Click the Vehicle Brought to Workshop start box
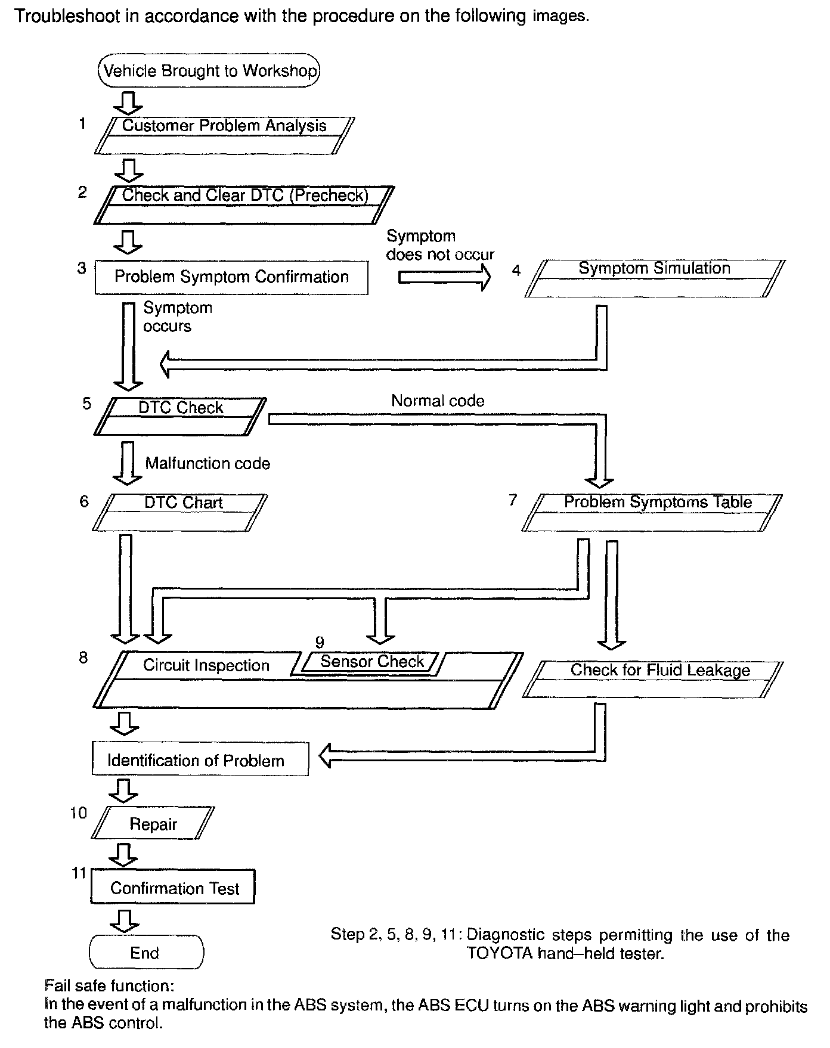209,71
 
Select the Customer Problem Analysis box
224,135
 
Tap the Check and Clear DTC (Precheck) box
244,204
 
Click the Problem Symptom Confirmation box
231,277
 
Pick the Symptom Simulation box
654,278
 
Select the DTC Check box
180,416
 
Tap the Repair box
154,823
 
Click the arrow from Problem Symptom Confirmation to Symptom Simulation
444,277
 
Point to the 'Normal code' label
438,401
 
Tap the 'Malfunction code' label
207,464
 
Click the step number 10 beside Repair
78,813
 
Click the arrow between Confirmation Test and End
125,920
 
